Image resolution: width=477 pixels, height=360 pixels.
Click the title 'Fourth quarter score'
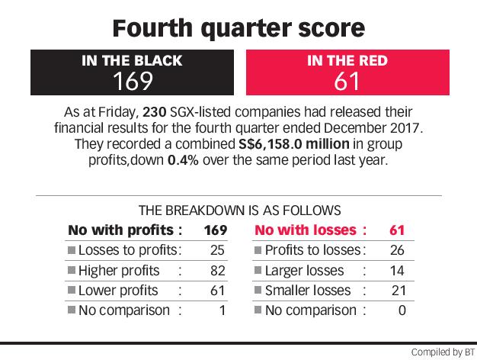click(x=238, y=28)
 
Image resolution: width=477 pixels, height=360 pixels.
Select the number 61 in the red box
click(x=346, y=82)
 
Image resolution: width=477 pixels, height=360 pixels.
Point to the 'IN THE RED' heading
click(x=346, y=61)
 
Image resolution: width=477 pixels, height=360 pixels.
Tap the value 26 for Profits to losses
click(x=395, y=250)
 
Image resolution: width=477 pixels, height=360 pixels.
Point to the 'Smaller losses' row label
click(x=307, y=291)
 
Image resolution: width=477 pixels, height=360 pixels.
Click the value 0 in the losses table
click(x=401, y=310)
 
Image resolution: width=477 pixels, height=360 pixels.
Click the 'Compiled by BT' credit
click(x=441, y=352)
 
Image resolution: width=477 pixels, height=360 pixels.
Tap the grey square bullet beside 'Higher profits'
click(x=70, y=272)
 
